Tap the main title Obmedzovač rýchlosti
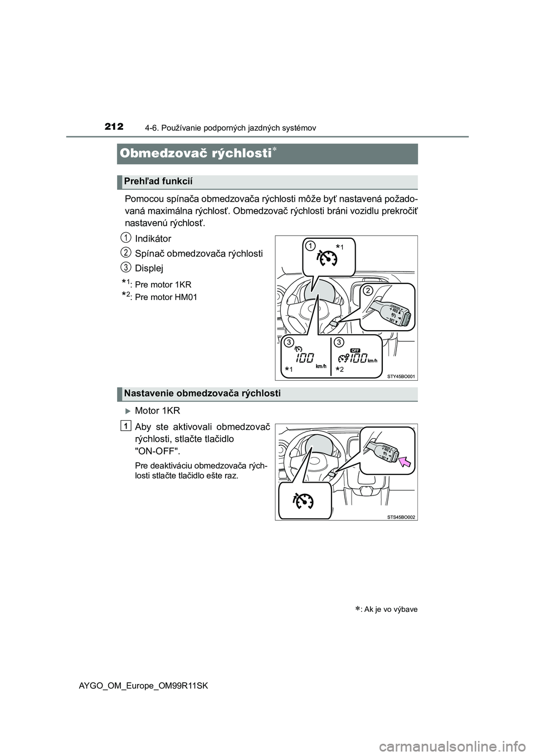(193, 153)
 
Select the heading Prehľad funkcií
(158, 181)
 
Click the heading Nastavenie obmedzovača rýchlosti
(202, 394)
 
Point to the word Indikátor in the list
(153, 238)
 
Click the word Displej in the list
(149, 268)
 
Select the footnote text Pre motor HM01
(166, 297)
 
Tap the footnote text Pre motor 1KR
(163, 284)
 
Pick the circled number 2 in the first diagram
(367, 290)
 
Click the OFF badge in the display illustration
(355, 350)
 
